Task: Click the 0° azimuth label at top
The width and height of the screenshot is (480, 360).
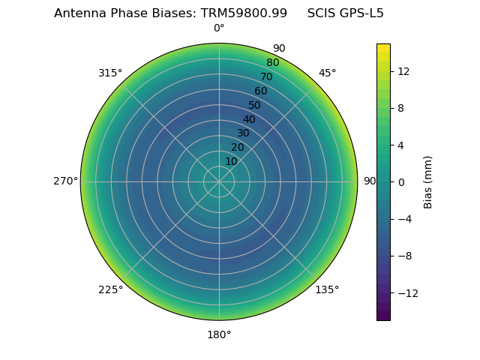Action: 219,28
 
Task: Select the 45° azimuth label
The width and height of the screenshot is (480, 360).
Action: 327,73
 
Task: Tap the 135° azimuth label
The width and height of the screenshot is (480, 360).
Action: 327,289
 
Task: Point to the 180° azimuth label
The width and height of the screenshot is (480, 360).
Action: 219,334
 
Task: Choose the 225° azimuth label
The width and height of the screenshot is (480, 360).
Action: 110,289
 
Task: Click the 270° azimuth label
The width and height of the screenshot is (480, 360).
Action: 65,181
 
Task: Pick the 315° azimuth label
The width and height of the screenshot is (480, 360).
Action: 110,73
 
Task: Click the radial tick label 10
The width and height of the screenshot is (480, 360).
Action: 231,161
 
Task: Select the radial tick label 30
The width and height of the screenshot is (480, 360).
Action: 243,133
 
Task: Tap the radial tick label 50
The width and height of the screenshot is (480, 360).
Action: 255,105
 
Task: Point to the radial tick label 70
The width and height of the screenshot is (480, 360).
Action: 266,76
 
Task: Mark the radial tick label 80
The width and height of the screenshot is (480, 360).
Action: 272,62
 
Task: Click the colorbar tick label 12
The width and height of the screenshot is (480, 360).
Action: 403,71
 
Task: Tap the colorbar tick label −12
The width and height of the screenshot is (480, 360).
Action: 406,292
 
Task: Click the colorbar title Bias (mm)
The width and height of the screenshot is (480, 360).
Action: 428,181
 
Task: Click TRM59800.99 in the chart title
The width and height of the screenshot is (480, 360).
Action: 244,13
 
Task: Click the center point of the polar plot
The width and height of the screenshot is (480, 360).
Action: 219,181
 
